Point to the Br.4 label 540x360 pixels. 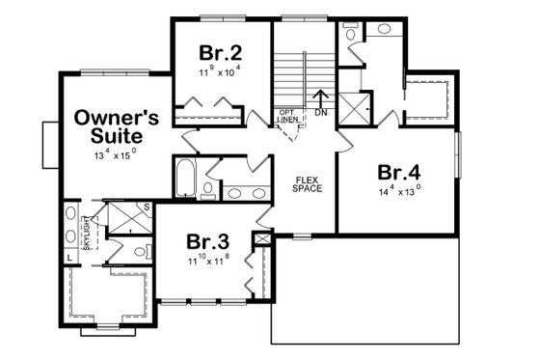point(398,174)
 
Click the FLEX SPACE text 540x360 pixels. point(307,183)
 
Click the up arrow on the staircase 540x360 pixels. point(321,97)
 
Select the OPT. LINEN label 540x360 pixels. point(287,116)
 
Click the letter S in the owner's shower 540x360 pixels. point(146,208)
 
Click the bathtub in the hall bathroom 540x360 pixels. point(184,178)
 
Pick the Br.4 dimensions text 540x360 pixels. point(398,192)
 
